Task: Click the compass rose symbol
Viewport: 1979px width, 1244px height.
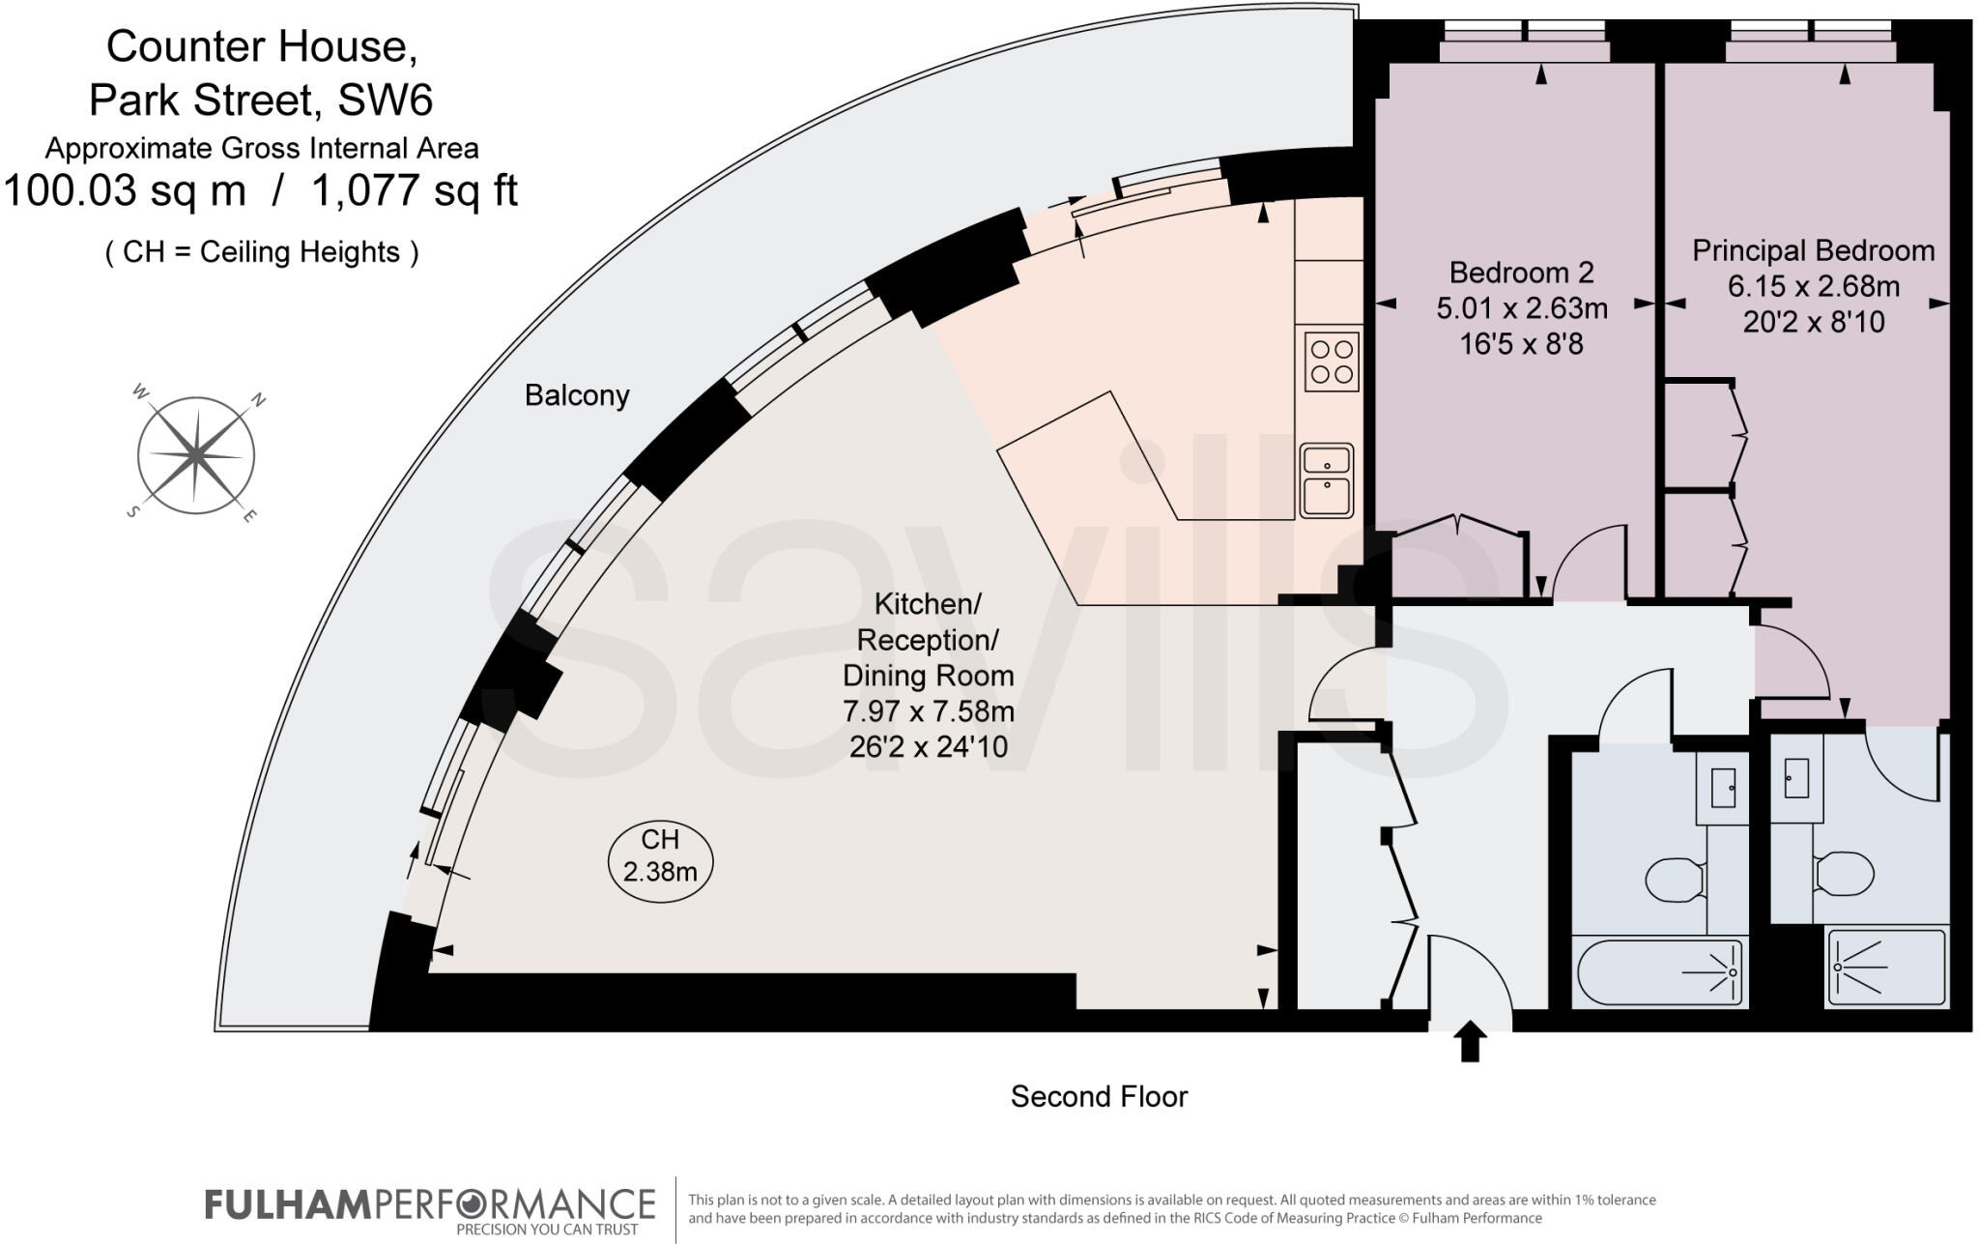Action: pos(196,454)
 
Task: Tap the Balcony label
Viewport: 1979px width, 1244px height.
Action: pos(577,395)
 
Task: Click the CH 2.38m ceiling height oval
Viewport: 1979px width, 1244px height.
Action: pos(660,856)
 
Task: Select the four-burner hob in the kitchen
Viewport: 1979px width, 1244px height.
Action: pos(1331,362)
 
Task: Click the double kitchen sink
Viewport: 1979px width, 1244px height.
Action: pos(1326,480)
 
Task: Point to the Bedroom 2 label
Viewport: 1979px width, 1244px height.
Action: pos(1521,272)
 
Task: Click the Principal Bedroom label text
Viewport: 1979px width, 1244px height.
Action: pos(1813,250)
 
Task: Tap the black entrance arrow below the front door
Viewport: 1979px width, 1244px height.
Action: pos(1470,1041)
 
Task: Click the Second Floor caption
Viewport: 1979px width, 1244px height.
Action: pos(1099,1096)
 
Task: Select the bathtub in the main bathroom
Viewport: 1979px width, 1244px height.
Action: pos(1659,972)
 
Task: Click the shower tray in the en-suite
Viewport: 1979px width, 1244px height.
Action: pos(1884,967)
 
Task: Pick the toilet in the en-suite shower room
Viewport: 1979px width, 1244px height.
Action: pos(1844,874)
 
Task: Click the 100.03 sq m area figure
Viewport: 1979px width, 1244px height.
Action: pos(125,190)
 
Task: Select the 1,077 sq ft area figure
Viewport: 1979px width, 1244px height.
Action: pos(414,190)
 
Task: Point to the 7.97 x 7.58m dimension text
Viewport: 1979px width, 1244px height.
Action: pos(928,711)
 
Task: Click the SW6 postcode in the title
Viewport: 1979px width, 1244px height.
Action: pos(384,100)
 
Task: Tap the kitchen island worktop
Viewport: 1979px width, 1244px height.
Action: pos(1131,464)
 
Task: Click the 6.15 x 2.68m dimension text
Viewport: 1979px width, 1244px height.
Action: pos(1813,286)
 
